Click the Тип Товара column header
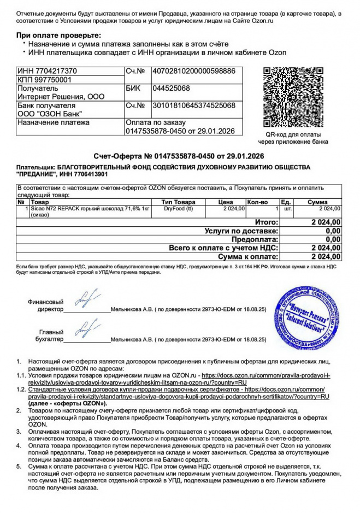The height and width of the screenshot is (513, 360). [178, 202]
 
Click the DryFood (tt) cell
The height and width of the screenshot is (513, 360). [179, 209]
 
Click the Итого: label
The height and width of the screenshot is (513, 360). [267, 222]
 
